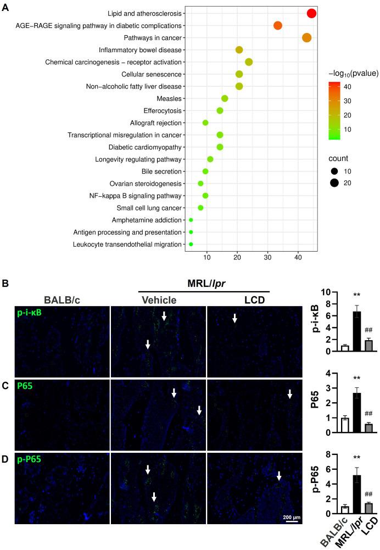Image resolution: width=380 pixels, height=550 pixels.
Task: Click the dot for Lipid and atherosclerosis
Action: (311, 14)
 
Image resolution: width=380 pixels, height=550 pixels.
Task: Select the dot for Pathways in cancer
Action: (306, 38)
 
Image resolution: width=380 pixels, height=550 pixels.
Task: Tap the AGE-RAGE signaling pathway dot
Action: (278, 26)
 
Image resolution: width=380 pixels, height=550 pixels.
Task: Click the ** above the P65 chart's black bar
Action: (340, 378)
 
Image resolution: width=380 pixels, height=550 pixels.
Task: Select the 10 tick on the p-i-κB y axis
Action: (314, 292)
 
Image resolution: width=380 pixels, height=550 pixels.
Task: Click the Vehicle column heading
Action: (159, 300)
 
